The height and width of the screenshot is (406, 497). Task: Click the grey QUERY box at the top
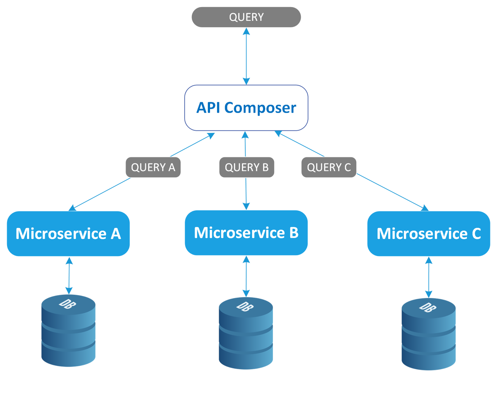coord(246,17)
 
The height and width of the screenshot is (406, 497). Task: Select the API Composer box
coord(246,108)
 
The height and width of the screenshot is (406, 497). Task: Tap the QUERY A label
coord(153,167)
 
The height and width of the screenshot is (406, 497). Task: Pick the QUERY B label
coord(246,167)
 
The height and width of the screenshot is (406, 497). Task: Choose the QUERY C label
coord(329,167)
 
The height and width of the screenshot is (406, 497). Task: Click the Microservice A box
coord(68,233)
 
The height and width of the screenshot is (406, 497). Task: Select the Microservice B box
coord(246,233)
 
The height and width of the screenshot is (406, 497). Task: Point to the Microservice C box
coord(429,233)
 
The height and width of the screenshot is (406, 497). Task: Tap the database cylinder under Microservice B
coord(246,333)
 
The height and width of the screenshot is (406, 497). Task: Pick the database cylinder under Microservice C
coord(429,334)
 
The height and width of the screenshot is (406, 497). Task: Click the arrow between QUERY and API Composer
coord(246,56)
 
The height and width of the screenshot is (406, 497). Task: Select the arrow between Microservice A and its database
coord(69,276)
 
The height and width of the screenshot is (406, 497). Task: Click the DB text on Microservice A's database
coord(68,303)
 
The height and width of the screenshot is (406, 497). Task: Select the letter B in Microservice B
coord(294,233)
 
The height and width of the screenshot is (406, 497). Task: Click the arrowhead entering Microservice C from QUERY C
coord(425,208)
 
